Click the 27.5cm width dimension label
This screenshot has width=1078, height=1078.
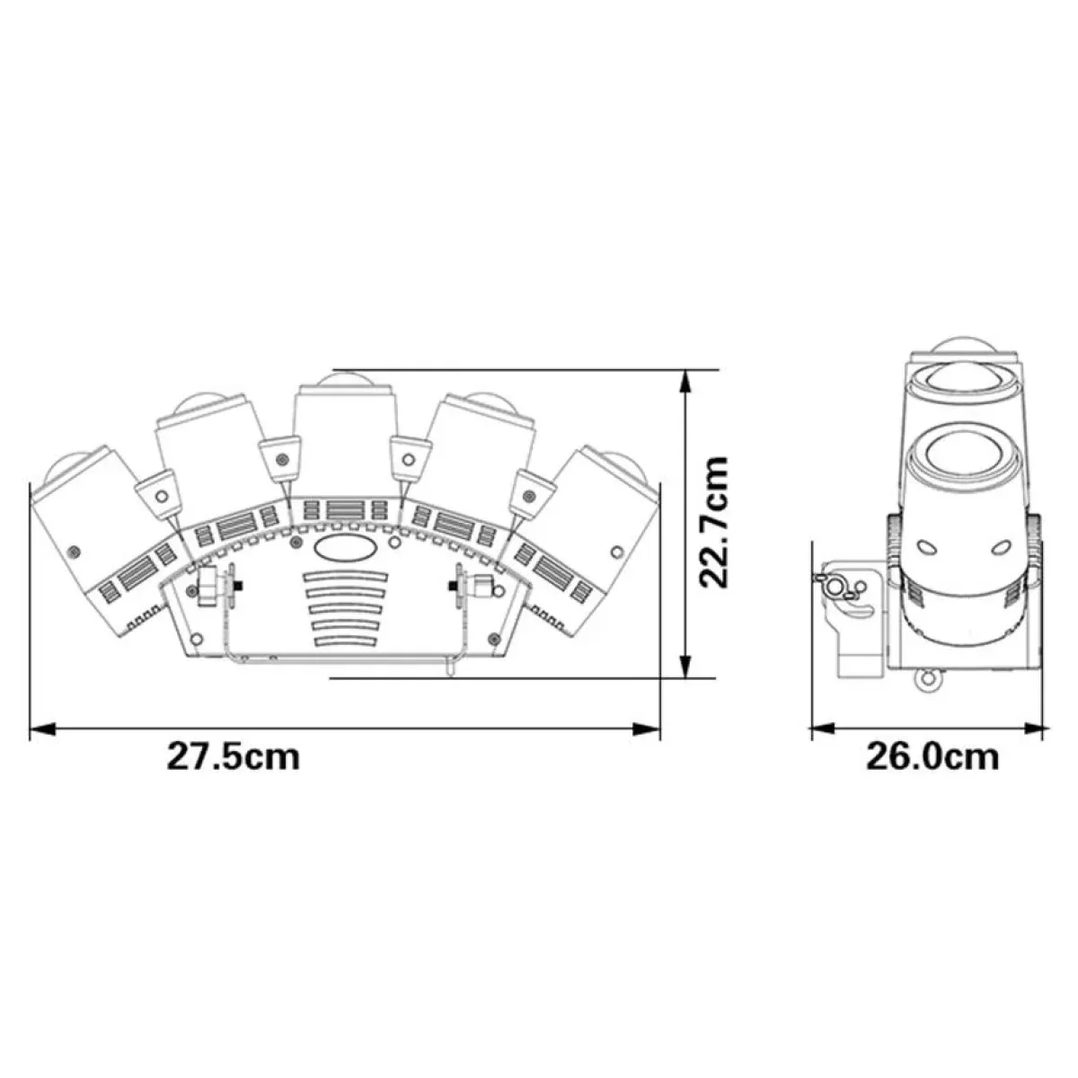[x=234, y=757]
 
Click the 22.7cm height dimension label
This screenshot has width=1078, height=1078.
[x=714, y=521]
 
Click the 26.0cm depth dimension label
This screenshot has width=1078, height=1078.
[x=932, y=757]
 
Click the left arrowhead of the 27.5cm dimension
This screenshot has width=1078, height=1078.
[x=42, y=729]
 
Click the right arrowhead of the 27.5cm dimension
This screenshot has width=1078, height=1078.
[x=647, y=729]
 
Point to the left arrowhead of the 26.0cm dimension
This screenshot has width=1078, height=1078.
[x=823, y=728]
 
